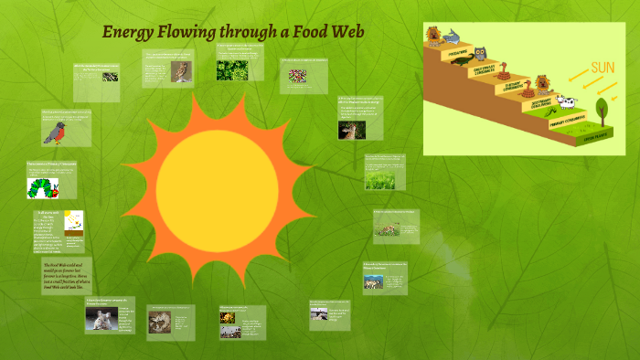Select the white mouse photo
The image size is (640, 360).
point(101,319)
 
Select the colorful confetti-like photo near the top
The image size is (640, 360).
point(298,75)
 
